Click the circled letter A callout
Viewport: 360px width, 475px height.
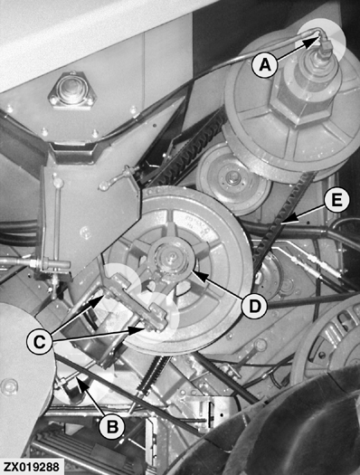coord(263,65)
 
